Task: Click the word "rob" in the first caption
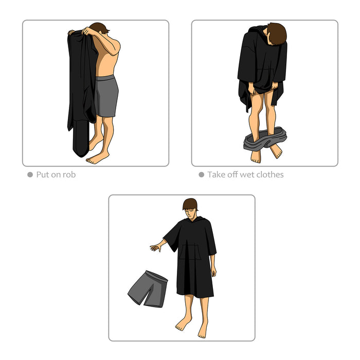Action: point(69,175)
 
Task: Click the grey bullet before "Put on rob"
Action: point(30,175)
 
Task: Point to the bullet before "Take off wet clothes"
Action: point(202,175)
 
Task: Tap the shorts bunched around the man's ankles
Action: point(265,139)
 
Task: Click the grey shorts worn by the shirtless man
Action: point(106,96)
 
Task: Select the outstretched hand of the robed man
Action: point(156,247)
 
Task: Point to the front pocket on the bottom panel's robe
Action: point(190,252)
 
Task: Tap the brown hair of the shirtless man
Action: point(99,28)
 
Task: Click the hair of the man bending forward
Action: point(277,33)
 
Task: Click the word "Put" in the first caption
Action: point(43,175)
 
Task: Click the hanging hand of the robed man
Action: point(213,272)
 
